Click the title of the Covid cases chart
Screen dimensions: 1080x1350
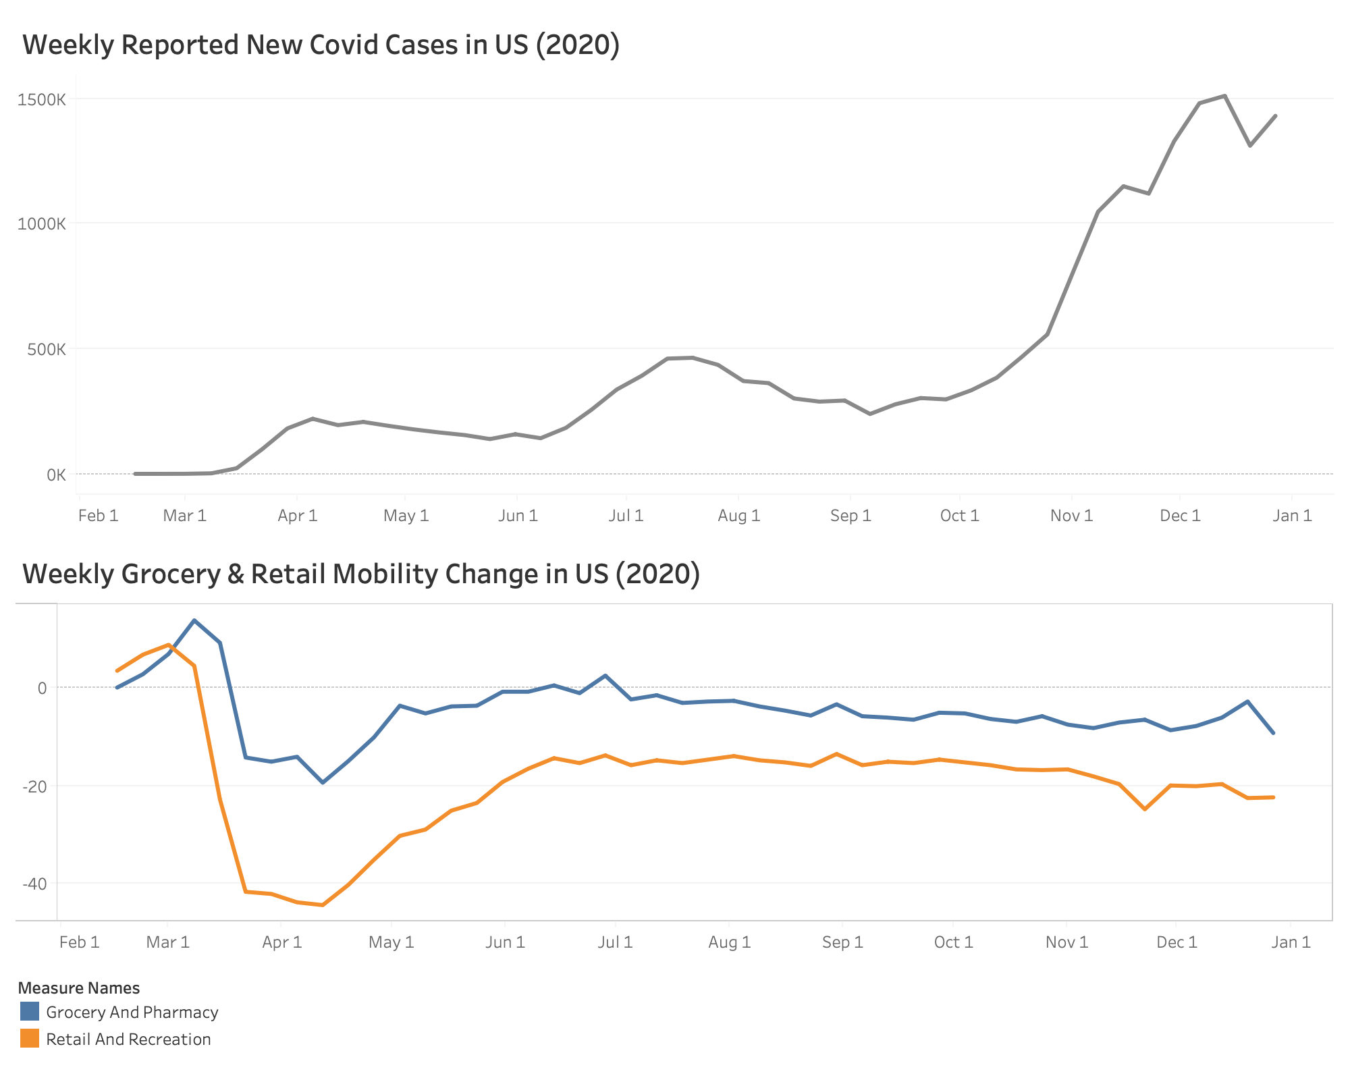tap(321, 45)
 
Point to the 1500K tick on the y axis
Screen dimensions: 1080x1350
tap(42, 100)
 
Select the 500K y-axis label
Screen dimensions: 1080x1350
tap(46, 350)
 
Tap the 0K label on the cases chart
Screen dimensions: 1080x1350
tap(56, 475)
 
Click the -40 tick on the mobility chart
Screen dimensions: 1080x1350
tap(34, 884)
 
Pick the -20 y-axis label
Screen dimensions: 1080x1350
tap(34, 786)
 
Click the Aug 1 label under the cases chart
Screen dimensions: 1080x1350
tap(738, 516)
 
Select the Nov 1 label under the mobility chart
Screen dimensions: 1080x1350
tap(1066, 943)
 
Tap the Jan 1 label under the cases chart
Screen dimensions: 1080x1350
tap(1292, 516)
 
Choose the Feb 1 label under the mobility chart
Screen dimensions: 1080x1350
tap(79, 943)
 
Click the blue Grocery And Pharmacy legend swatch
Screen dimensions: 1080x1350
tap(30, 1012)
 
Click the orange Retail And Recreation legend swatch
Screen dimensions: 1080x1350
tap(30, 1039)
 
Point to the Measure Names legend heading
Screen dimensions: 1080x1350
tap(79, 988)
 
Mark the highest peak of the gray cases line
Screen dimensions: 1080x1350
tap(1224, 96)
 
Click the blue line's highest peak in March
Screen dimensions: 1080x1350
tap(194, 620)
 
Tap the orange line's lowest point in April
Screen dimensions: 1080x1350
tap(323, 905)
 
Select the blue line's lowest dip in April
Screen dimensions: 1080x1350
tap(323, 782)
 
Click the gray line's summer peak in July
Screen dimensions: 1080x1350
tap(692, 358)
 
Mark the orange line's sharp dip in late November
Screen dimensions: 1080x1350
tap(1145, 809)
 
